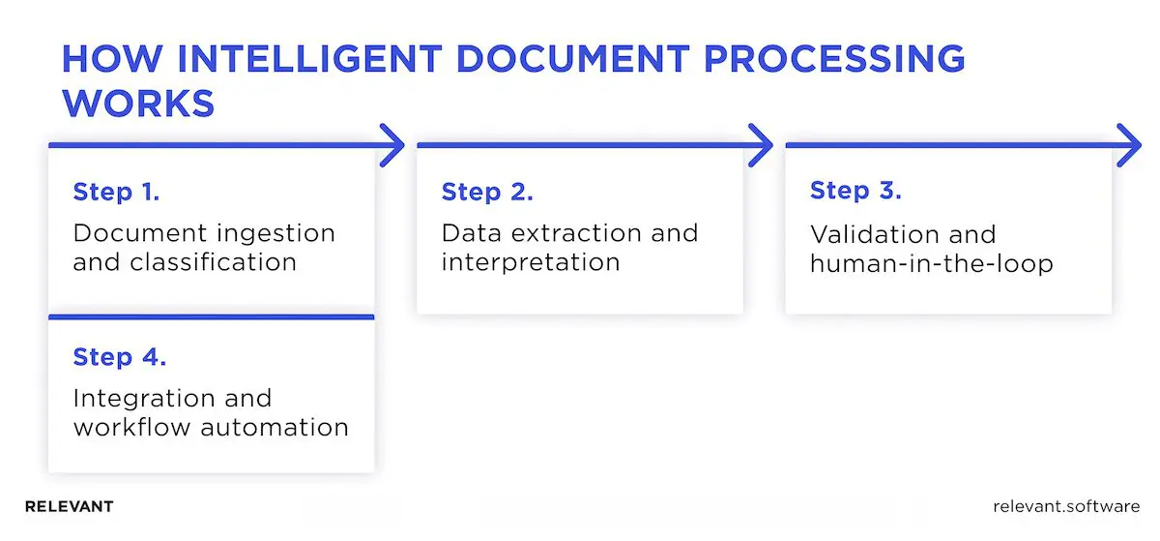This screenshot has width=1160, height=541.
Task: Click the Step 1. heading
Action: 116,192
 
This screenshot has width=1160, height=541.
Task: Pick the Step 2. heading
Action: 486,192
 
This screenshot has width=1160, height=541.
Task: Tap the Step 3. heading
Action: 855,191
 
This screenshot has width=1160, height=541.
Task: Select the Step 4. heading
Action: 120,356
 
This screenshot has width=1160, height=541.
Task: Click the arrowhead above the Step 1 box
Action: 391,146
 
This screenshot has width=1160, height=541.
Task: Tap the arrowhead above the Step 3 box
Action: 1128,146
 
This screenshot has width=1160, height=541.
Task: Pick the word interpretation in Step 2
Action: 530,262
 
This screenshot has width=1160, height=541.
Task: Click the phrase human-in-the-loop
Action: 917,263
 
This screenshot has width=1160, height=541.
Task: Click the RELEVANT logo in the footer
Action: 69,506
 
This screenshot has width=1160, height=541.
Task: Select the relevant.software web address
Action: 1065,506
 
